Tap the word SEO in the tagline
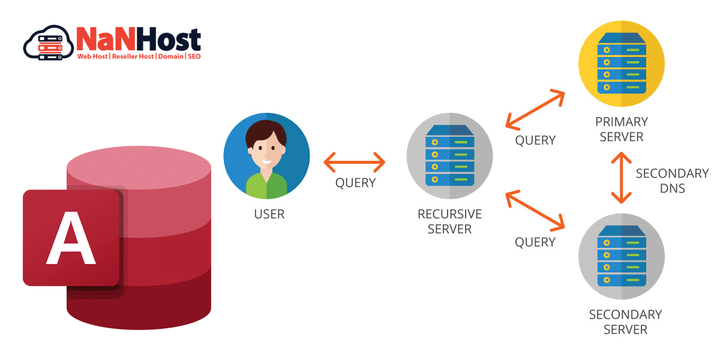[194, 56]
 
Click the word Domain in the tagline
[171, 56]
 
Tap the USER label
[269, 214]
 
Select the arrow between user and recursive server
[355, 161]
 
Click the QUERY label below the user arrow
[355, 183]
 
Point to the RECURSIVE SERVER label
[449, 221]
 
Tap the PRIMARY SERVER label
[621, 129]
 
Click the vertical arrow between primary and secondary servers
[621, 178]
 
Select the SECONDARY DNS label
[672, 181]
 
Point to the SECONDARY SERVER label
[625, 322]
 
